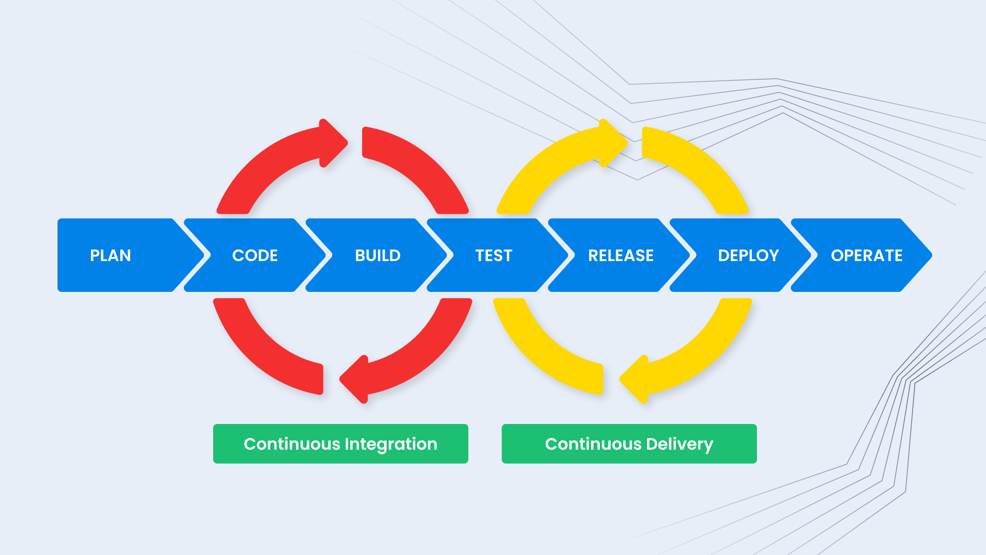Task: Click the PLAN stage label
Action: point(110,255)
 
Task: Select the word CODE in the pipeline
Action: point(255,255)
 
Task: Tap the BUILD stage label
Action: point(377,255)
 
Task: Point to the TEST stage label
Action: point(494,255)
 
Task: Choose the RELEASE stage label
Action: point(621,255)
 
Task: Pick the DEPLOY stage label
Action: point(748,255)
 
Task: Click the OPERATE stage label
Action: point(867,255)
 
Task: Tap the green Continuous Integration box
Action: point(340,443)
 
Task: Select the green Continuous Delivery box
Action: point(629,443)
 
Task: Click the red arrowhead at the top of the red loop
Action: point(333,143)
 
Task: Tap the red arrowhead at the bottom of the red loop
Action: point(354,379)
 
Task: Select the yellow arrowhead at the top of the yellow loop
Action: point(614,143)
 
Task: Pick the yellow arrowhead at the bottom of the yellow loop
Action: point(634,379)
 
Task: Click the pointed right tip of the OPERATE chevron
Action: point(932,255)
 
